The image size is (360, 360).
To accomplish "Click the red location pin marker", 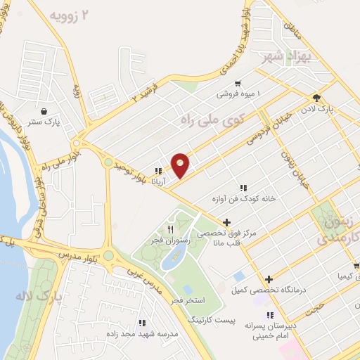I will tap(181, 165).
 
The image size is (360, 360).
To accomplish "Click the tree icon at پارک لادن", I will tap(317, 98).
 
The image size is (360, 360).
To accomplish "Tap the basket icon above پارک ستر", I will tap(45, 111).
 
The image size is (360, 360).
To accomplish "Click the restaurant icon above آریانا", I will tap(160, 171).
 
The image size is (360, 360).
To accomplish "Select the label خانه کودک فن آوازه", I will tap(243, 199).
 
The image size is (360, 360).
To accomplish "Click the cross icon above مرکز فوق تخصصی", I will tap(226, 222).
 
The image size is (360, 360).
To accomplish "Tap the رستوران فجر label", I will tap(171, 240).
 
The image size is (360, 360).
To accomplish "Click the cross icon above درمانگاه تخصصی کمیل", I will tap(269, 279).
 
